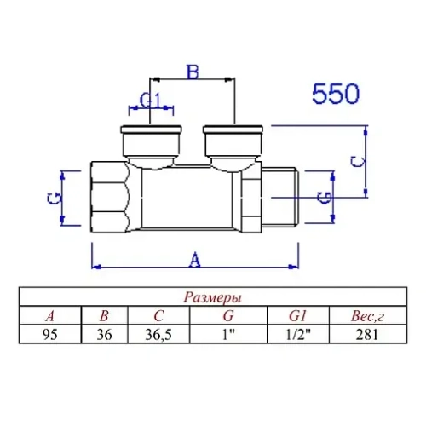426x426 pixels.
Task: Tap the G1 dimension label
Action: point(151,101)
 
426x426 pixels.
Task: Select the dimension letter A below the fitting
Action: point(195,256)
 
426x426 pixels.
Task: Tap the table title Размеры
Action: point(212,298)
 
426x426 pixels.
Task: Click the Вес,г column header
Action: point(370,316)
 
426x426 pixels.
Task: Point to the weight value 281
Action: point(370,334)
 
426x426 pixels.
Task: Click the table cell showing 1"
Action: point(227,334)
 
